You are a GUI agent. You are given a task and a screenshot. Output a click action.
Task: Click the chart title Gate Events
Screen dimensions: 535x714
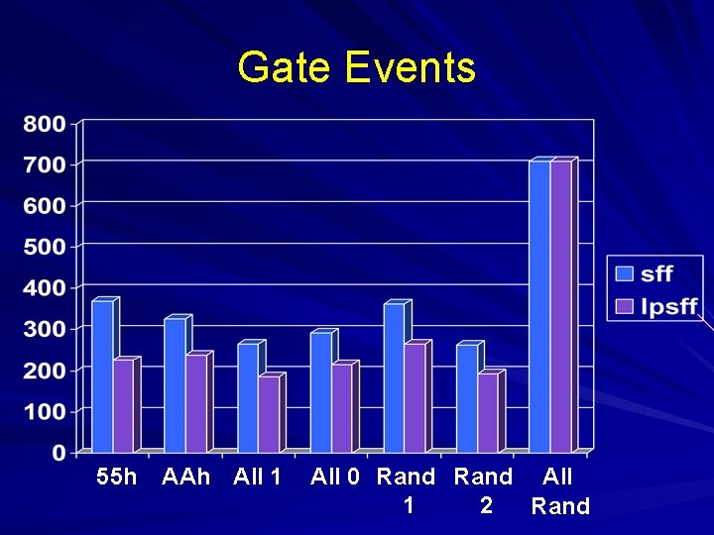tap(357, 68)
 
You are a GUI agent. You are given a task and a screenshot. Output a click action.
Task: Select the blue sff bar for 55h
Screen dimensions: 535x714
tap(102, 376)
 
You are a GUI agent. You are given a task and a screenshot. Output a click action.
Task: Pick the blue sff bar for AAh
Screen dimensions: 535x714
tap(175, 386)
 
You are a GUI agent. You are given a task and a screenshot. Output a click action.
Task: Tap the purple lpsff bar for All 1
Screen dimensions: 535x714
tap(269, 414)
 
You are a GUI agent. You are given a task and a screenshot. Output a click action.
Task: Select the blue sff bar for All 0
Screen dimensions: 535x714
tap(320, 392)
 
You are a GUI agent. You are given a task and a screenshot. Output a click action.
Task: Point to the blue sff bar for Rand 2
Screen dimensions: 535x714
tap(466, 398)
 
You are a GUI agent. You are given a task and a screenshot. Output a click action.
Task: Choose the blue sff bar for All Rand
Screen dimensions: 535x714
tap(538, 307)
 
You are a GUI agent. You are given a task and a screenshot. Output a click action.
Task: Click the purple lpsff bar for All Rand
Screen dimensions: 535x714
tap(560, 307)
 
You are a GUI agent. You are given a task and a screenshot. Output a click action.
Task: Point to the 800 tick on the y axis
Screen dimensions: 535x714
tap(46, 124)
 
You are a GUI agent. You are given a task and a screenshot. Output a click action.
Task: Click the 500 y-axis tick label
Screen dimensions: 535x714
tap(46, 247)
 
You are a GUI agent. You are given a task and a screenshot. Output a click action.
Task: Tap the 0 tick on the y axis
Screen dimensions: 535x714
tap(59, 452)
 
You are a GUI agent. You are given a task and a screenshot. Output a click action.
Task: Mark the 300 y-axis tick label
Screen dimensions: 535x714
tap(46, 329)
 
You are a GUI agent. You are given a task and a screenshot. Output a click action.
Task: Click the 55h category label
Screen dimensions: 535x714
tap(117, 477)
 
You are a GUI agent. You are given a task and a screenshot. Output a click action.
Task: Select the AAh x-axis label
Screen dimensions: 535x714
tap(185, 477)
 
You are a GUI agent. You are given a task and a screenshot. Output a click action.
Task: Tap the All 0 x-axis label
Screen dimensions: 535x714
tap(334, 477)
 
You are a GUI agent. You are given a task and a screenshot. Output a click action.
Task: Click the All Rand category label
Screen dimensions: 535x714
tap(560, 491)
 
